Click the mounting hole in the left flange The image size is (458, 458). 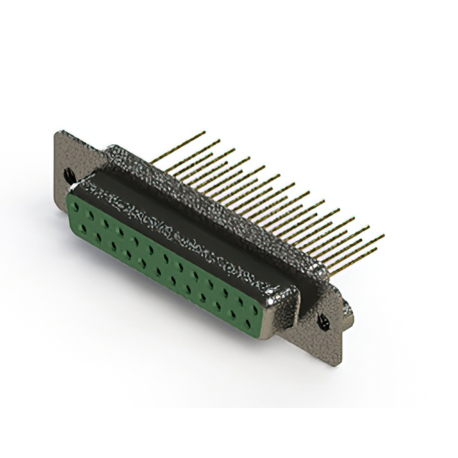pyautogui.click(x=69, y=175)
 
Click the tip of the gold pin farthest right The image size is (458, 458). pyautogui.click(x=384, y=235)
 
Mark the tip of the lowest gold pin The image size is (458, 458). pyautogui.click(x=376, y=250)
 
